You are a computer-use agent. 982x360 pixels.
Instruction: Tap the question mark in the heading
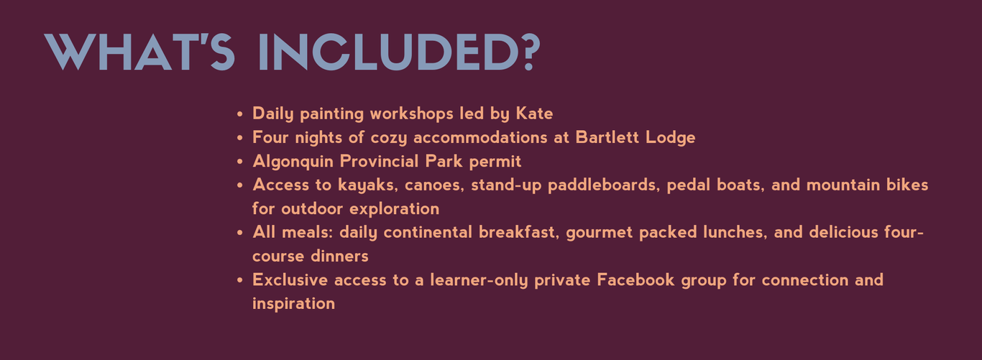531,52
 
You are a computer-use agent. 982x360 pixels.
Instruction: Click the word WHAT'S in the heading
139,52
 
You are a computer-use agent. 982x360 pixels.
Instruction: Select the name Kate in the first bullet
534,114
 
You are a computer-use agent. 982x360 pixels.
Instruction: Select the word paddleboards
604,185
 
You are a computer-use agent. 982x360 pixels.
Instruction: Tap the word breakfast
518,233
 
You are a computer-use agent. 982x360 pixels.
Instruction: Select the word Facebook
635,280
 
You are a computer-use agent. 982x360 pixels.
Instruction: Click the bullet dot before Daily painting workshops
239,114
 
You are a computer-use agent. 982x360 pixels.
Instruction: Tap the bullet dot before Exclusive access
239,280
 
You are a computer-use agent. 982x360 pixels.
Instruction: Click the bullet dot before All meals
239,233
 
